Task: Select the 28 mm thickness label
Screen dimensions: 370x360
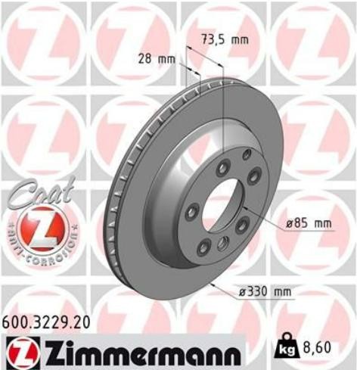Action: (156, 58)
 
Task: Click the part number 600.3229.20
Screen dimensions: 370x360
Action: (46, 322)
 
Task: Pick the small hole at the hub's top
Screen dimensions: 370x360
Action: (246, 155)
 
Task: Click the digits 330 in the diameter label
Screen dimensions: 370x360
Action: (262, 290)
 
